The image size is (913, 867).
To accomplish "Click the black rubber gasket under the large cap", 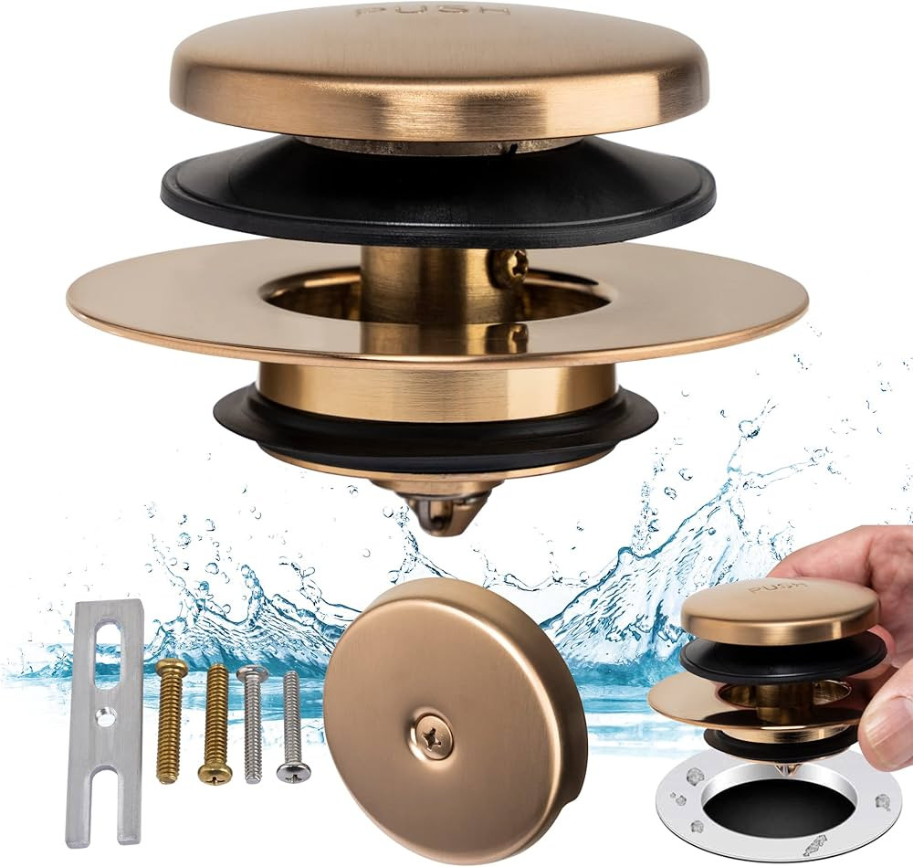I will pyautogui.click(x=438, y=196).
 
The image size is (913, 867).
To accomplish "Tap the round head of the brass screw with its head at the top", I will pyautogui.click(x=171, y=670).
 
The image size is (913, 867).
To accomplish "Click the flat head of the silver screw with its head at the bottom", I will pyautogui.click(x=293, y=772).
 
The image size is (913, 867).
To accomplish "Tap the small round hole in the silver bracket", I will pyautogui.click(x=106, y=717).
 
